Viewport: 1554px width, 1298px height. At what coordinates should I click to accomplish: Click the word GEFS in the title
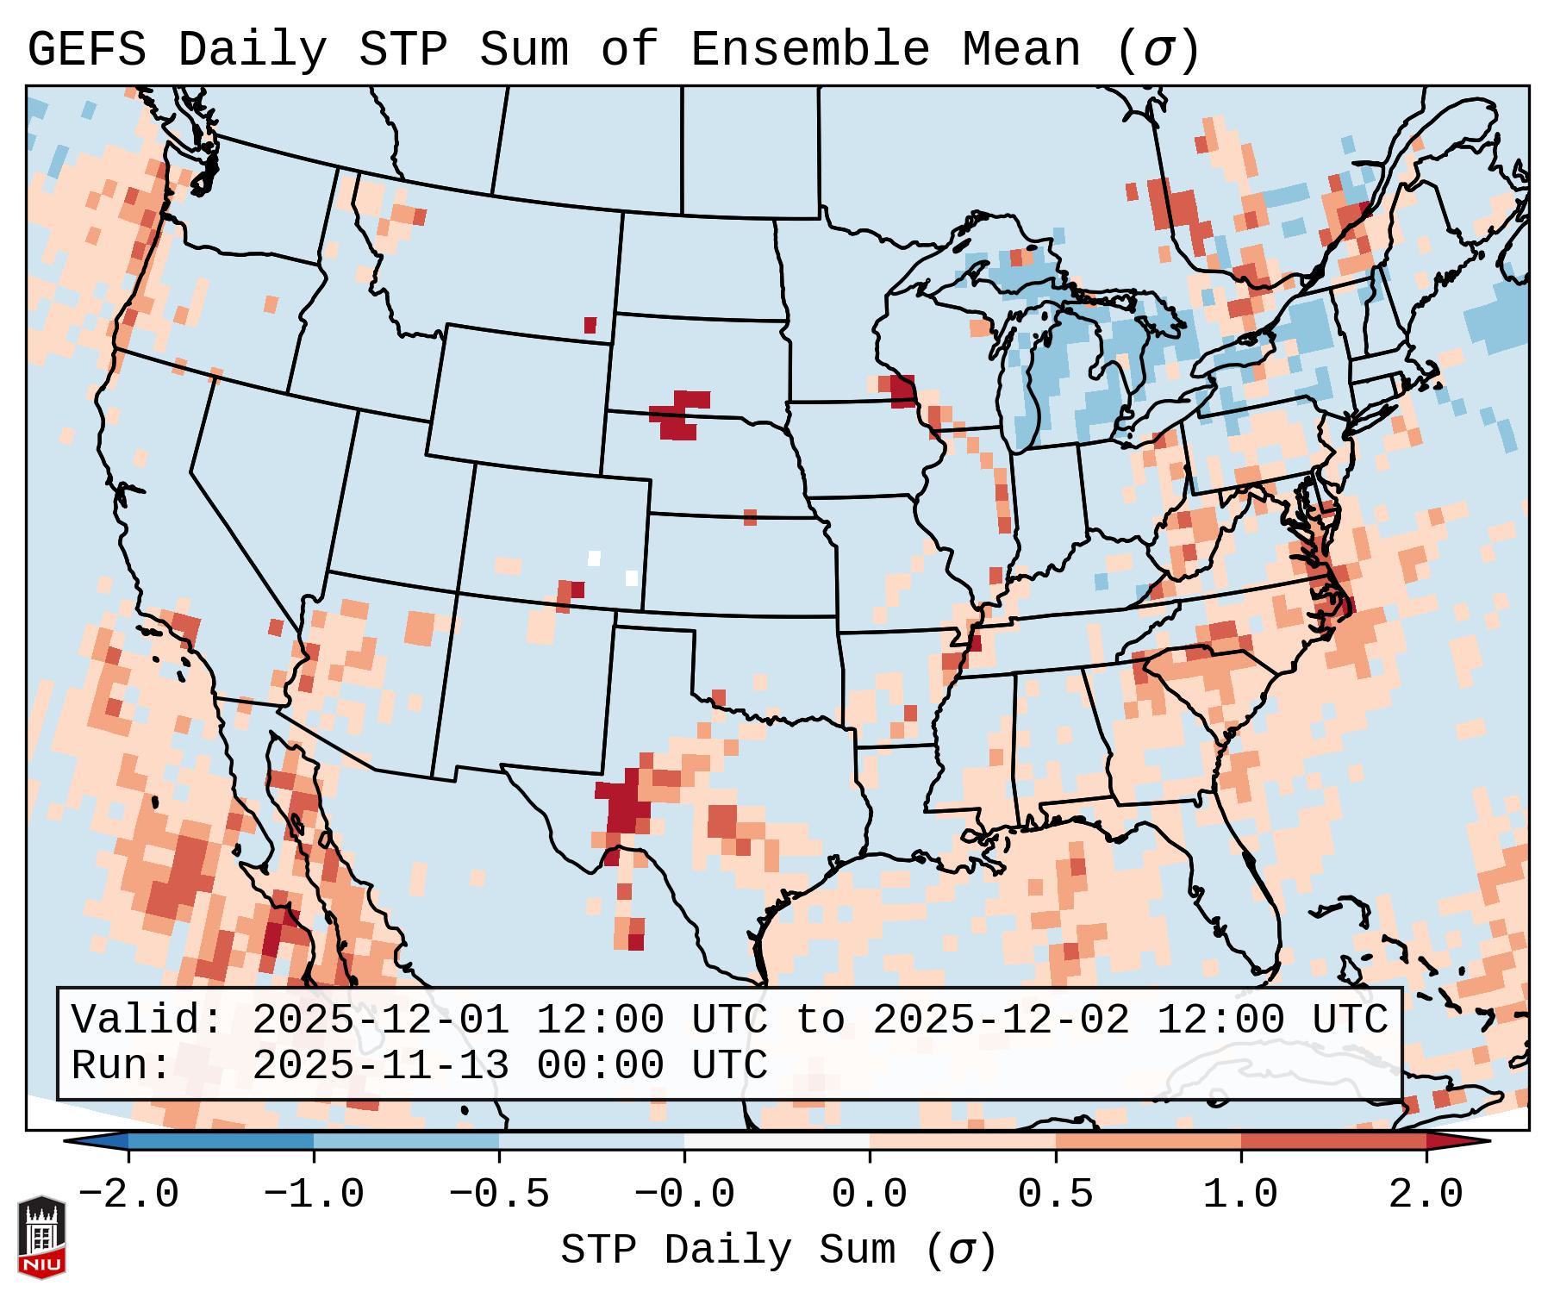click(x=86, y=51)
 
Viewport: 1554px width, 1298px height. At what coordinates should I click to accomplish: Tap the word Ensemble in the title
click(x=809, y=51)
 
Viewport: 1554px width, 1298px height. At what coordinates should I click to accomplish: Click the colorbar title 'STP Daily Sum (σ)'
click(x=778, y=1251)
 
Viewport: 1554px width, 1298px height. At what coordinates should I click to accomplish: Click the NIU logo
click(x=41, y=1237)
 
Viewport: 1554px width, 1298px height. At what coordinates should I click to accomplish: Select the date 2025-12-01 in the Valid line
click(x=380, y=1020)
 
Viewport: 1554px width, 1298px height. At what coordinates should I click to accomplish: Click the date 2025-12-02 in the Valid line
click(x=1001, y=1020)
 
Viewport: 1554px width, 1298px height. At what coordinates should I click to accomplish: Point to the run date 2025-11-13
click(x=380, y=1066)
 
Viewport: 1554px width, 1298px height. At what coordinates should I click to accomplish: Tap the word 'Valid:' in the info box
click(x=147, y=1020)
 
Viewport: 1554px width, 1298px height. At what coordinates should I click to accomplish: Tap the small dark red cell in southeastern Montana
click(x=590, y=325)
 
